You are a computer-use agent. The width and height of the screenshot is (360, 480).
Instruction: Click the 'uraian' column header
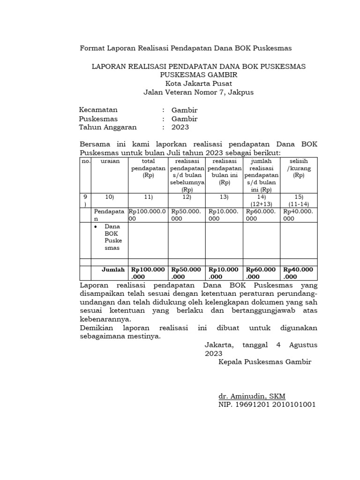[x=110, y=161]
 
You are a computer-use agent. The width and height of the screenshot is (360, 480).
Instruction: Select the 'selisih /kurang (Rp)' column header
[x=299, y=168]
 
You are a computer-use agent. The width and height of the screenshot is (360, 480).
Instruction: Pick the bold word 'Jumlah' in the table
[x=113, y=270]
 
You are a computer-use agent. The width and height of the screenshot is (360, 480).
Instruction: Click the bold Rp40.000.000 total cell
[x=299, y=273]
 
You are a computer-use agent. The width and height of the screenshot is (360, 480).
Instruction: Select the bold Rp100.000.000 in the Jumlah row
[x=148, y=273]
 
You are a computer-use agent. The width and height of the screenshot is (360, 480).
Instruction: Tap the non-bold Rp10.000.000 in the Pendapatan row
[x=224, y=215]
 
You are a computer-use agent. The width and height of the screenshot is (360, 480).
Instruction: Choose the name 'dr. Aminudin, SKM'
[x=252, y=396]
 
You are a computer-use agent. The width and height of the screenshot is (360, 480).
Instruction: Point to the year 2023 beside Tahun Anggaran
[x=180, y=127]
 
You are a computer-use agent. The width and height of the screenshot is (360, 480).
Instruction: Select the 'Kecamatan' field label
[x=98, y=110]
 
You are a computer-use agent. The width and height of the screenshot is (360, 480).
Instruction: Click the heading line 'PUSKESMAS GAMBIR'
[x=198, y=75]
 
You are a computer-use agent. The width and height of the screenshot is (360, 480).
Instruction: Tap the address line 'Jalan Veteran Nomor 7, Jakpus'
[x=198, y=92]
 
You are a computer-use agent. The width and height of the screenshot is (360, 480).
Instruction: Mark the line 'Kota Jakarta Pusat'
[x=198, y=83]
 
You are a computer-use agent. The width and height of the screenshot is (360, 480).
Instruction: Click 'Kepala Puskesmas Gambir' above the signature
[x=265, y=362]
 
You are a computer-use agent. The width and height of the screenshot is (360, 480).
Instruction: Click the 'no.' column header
[x=85, y=161]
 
